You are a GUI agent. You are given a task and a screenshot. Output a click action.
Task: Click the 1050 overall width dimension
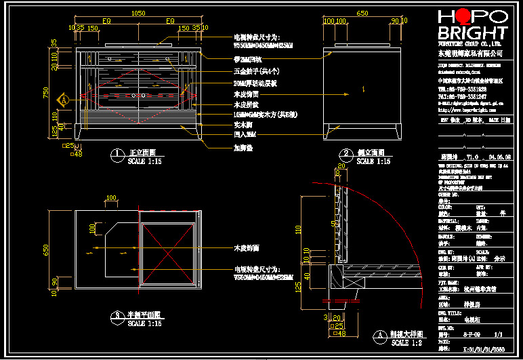click(138, 13)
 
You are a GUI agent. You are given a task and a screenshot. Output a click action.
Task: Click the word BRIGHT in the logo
click(472, 34)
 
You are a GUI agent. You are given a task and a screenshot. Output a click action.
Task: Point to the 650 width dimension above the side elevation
click(362, 13)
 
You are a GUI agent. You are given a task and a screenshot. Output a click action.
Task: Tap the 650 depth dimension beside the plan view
click(47, 249)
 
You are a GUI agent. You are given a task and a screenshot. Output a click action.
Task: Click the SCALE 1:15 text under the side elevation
click(373, 161)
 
